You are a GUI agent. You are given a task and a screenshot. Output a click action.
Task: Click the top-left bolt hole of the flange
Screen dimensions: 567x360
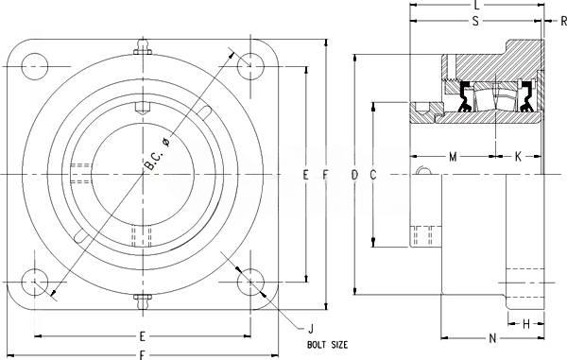pos(35,66)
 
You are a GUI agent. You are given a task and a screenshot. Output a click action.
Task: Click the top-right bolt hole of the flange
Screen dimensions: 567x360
pos(250,66)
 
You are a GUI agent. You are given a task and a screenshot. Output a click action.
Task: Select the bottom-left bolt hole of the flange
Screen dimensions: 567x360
pos(35,283)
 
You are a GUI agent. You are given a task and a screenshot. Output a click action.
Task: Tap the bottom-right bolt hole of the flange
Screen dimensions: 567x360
pos(250,283)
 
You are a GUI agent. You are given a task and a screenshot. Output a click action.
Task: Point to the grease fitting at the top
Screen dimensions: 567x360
pos(143,47)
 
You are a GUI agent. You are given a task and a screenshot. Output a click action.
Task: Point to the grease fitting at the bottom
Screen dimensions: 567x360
pos(143,301)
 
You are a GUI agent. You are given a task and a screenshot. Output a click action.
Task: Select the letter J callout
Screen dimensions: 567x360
pos(311,329)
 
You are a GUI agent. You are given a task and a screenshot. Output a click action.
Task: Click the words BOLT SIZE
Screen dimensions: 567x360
pos(327,345)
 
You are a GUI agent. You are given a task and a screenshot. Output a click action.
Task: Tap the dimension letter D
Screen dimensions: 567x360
pos(354,175)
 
